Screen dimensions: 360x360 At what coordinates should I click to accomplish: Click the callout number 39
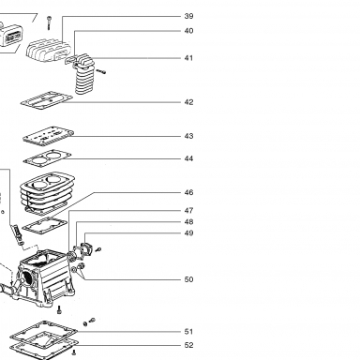pyautogui.click(x=188, y=16)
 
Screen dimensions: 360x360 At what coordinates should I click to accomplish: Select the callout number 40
pyautogui.click(x=188, y=31)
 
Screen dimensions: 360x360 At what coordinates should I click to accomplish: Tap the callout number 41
pyautogui.click(x=188, y=58)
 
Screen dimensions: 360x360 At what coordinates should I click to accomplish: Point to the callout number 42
pyautogui.click(x=188, y=102)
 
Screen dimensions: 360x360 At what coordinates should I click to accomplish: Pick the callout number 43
pyautogui.click(x=188, y=136)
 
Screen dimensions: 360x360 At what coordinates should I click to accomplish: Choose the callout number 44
pyautogui.click(x=188, y=158)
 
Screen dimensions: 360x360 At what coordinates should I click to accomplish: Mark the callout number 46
pyautogui.click(x=188, y=192)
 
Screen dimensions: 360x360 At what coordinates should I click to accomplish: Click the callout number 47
pyautogui.click(x=188, y=211)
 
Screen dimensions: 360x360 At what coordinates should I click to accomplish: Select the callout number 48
pyautogui.click(x=188, y=222)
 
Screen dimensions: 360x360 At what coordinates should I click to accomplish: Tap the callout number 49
pyautogui.click(x=188, y=233)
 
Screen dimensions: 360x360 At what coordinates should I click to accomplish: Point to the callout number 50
pyautogui.click(x=188, y=279)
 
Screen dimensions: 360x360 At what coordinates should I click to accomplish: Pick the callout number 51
pyautogui.click(x=188, y=332)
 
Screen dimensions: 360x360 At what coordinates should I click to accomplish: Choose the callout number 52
pyautogui.click(x=188, y=345)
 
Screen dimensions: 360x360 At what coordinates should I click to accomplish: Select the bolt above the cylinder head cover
pyautogui.click(x=49, y=22)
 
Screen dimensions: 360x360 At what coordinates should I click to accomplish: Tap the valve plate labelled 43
pyautogui.click(x=49, y=135)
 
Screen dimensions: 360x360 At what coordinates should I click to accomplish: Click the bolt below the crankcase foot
pyautogui.click(x=59, y=310)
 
